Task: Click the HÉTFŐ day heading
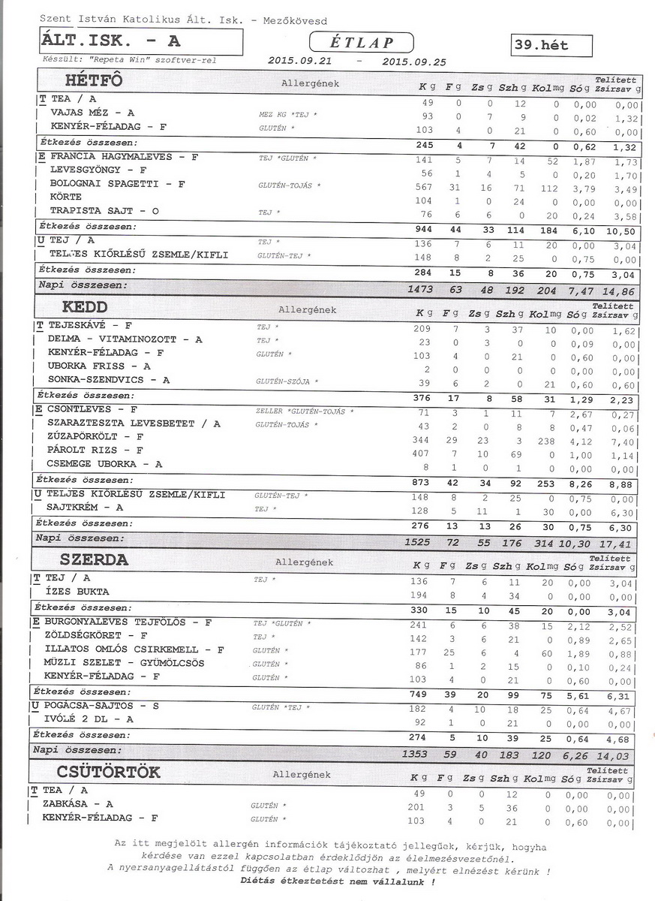[x=94, y=80]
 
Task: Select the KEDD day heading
[x=86, y=307]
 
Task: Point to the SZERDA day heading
[x=94, y=559]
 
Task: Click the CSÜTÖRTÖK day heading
[x=108, y=772]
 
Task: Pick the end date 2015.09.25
[x=413, y=62]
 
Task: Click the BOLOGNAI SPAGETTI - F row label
[x=117, y=184]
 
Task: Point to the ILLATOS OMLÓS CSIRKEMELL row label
[x=134, y=649]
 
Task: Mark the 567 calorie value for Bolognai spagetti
[x=424, y=185]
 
